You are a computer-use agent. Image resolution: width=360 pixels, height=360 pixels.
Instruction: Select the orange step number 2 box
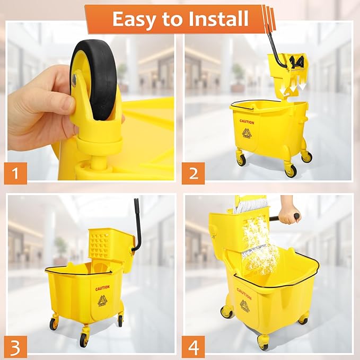click(x=194, y=172)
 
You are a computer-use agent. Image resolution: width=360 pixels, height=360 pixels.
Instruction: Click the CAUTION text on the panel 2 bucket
click(x=247, y=122)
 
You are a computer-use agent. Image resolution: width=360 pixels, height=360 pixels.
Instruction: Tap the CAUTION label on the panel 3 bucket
click(x=102, y=288)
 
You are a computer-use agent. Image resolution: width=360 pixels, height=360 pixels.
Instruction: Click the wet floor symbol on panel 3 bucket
click(x=102, y=301)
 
